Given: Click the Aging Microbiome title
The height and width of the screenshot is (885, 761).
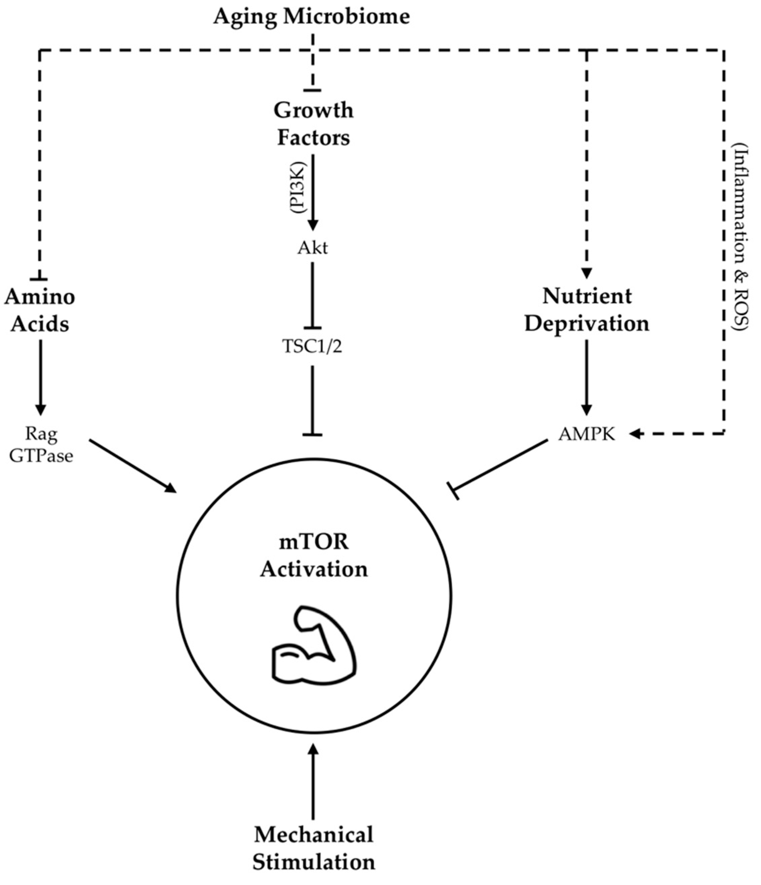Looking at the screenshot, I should [x=311, y=17].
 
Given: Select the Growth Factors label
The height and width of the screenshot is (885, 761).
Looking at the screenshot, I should [x=314, y=124].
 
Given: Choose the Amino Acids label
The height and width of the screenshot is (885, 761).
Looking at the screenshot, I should [x=40, y=310].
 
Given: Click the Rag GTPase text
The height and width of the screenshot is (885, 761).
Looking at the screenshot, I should [x=41, y=445].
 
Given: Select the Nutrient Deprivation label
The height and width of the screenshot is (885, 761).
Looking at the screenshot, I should [x=587, y=310].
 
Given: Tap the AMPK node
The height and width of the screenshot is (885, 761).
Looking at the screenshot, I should [x=587, y=434].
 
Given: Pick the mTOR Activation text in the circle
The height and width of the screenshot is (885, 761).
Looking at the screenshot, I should [x=314, y=556].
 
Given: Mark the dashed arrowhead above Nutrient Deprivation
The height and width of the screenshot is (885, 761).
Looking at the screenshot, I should [x=587, y=273].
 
